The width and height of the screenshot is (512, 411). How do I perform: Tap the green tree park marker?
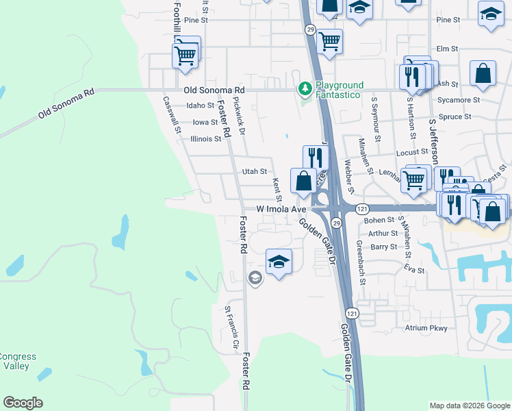(x=305, y=89)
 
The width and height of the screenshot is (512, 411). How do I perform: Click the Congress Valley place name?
(x=18, y=361)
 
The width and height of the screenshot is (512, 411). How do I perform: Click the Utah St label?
(x=254, y=172)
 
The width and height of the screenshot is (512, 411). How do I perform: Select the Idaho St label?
(x=201, y=105)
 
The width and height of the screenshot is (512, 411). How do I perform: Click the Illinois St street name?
(x=206, y=138)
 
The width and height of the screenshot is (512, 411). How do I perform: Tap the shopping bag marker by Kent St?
(x=304, y=181)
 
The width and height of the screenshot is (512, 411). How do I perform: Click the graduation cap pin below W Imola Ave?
(x=279, y=262)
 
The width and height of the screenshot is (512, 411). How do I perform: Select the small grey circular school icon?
(x=255, y=277)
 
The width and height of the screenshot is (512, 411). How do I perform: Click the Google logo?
(x=23, y=403)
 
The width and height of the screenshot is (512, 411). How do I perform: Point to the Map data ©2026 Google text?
(x=469, y=406)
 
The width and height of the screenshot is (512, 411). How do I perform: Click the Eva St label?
(x=415, y=271)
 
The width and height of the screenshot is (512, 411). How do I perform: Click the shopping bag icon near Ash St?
(x=483, y=74)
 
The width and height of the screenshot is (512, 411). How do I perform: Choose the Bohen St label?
(x=380, y=221)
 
